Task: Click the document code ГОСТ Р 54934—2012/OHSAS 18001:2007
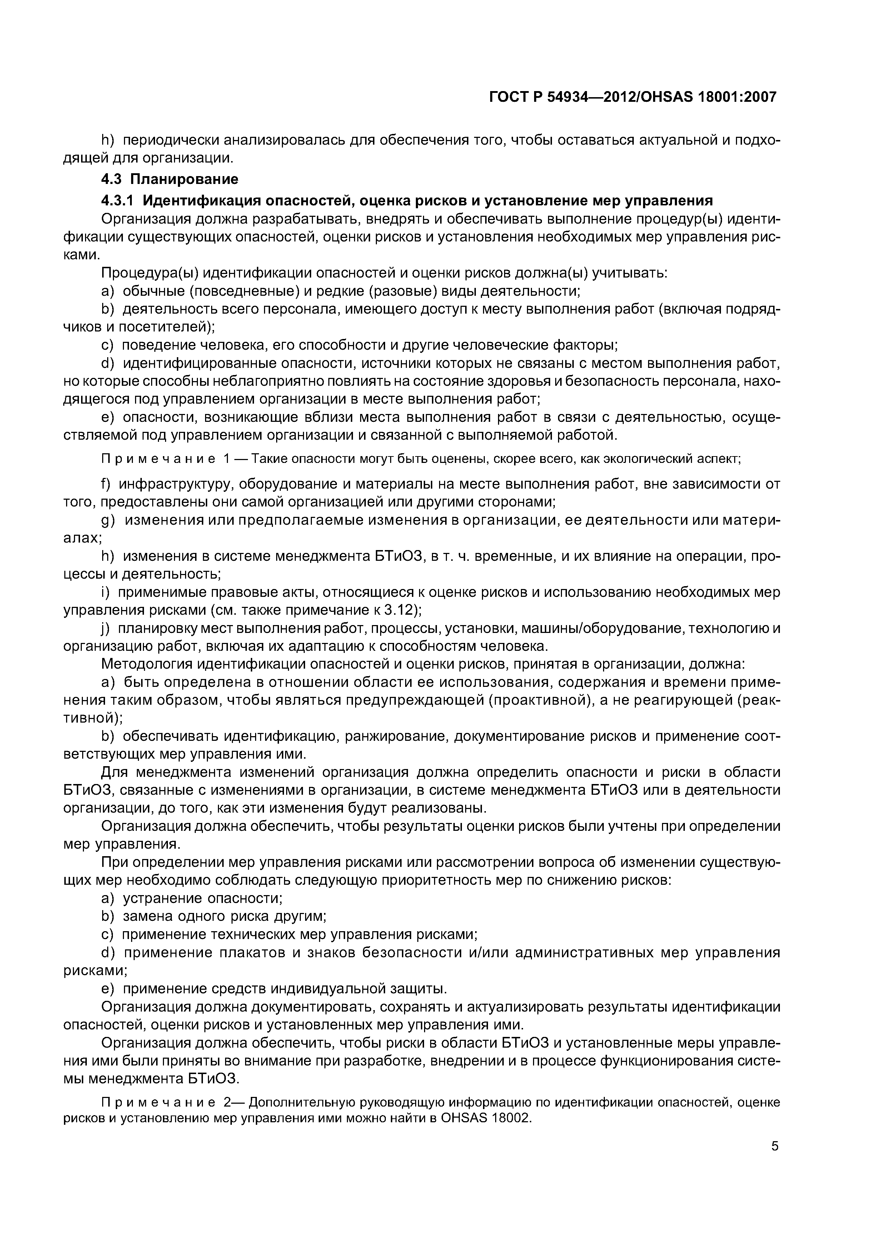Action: point(632,97)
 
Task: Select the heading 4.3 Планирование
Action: point(170,179)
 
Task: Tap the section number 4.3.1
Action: point(118,201)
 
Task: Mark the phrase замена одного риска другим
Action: point(224,916)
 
